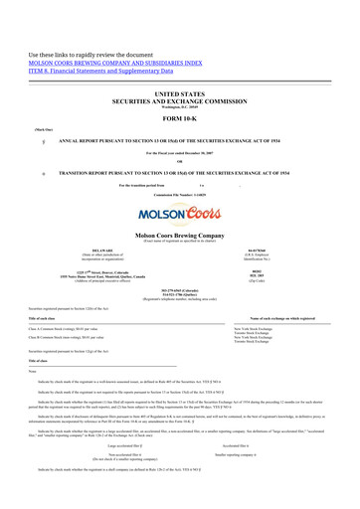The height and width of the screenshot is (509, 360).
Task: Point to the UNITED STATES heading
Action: [179, 90]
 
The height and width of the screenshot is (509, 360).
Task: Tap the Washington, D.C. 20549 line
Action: [179, 104]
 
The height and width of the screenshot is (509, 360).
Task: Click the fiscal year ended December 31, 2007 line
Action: [179, 154]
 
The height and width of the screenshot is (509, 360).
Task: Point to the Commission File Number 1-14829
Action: [179, 195]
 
